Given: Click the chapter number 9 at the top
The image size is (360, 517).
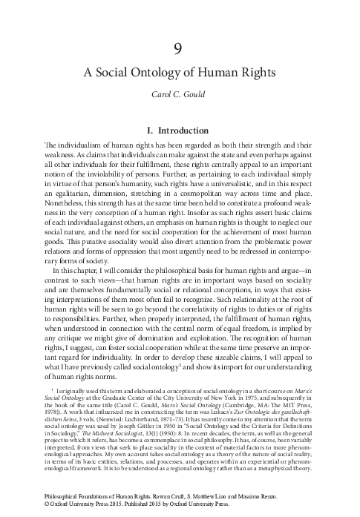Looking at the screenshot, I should click(179, 49).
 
